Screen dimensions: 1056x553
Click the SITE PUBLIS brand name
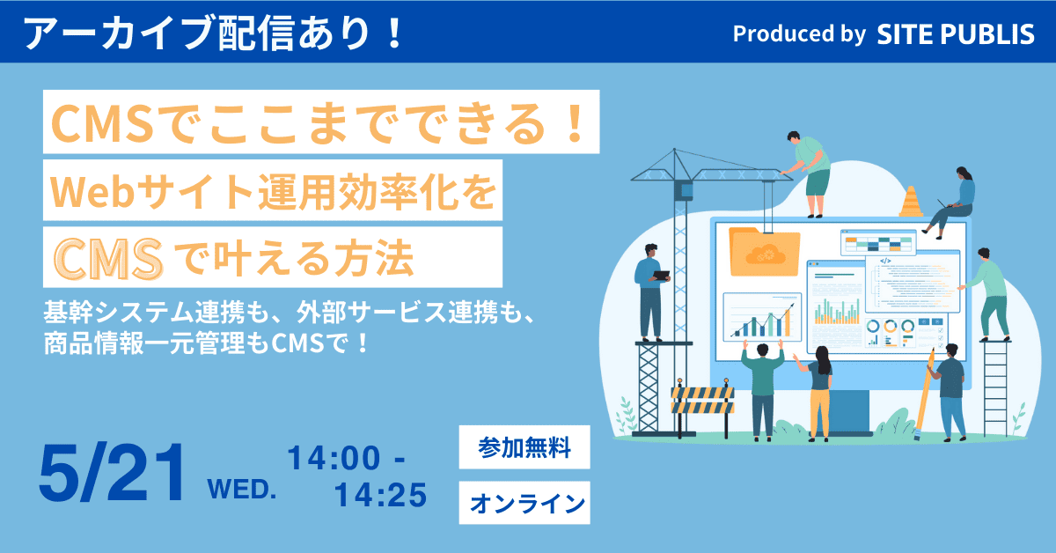[x=955, y=34]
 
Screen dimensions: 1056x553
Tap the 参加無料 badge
[x=524, y=446]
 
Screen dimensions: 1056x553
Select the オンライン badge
[x=524, y=503]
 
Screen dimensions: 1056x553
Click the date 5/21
[x=111, y=473]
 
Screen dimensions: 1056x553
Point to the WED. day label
[x=242, y=490]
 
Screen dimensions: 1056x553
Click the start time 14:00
[x=334, y=458]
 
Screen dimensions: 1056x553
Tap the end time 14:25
[x=380, y=495]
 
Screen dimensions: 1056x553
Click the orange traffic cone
[x=911, y=202]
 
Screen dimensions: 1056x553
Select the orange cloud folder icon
[x=764, y=252]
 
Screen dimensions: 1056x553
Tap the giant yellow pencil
[x=924, y=394]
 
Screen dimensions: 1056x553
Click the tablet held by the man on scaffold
[x=661, y=276]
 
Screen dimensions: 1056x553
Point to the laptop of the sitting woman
[x=946, y=204]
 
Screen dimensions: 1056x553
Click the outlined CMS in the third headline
[x=108, y=259]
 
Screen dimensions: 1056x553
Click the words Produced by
[x=800, y=34]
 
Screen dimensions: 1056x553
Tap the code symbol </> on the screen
[x=885, y=261]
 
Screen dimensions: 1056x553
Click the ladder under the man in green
[x=995, y=387]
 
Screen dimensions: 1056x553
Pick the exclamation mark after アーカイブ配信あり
[x=392, y=33]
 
